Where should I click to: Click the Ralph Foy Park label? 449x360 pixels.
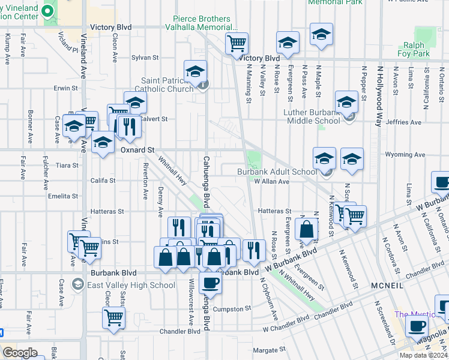coord(413,49)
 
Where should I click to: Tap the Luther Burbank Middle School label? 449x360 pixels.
coord(311,116)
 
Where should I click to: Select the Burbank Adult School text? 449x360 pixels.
coord(276,172)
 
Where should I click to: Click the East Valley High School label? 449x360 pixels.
coord(123,285)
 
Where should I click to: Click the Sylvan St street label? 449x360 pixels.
coord(145,58)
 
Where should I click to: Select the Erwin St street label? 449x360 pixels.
coord(62,88)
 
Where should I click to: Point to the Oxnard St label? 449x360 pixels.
coord(137,150)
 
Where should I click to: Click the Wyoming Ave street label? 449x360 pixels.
coord(405,155)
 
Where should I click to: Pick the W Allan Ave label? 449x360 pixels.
coord(271,181)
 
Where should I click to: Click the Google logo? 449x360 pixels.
coord(20,353)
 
